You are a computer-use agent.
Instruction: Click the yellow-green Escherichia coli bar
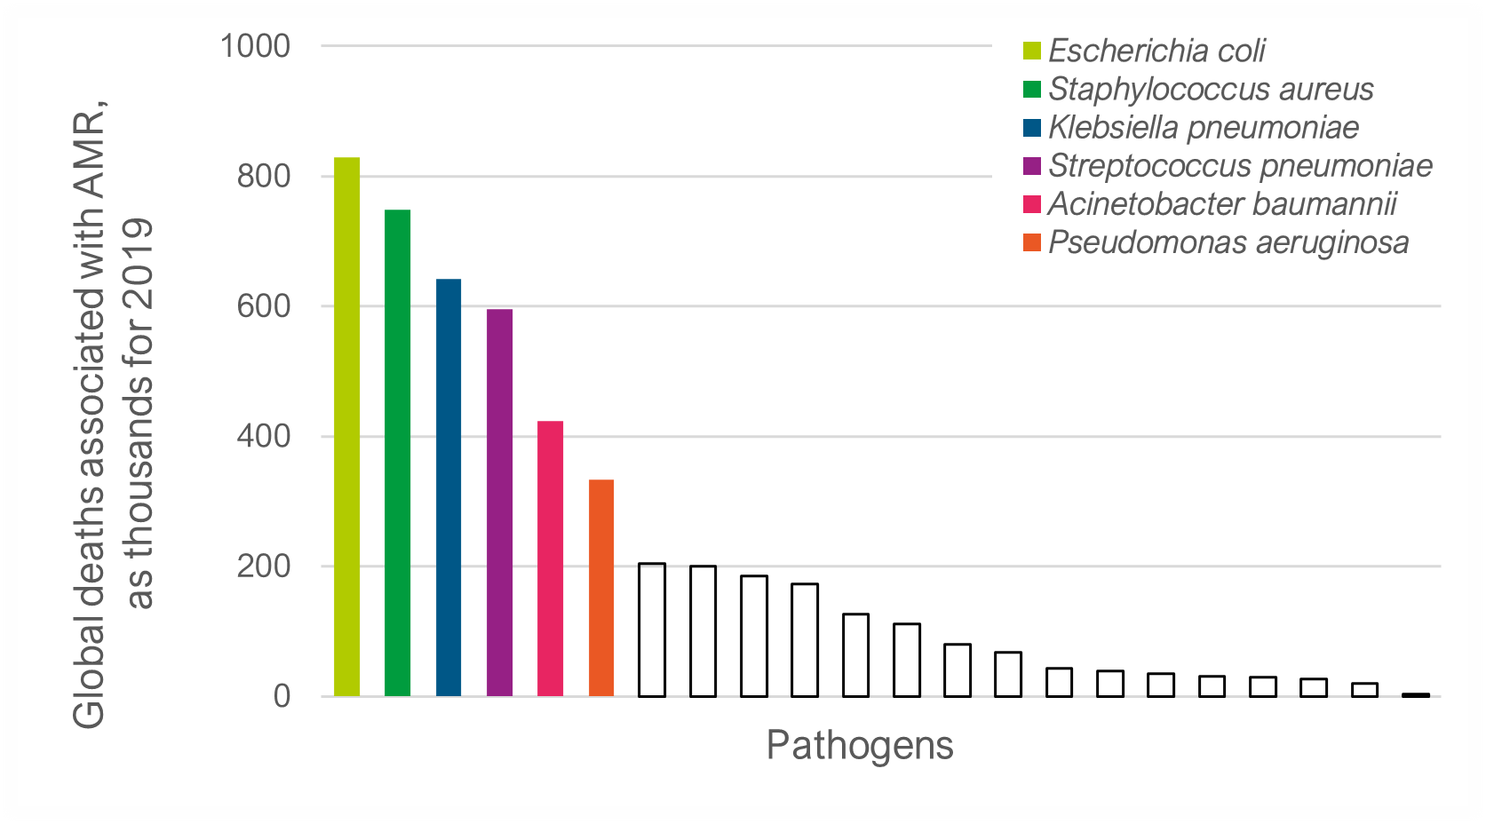[x=346, y=426]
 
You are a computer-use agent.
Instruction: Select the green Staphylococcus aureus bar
[x=397, y=453]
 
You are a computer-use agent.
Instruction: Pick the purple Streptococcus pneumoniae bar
[x=499, y=503]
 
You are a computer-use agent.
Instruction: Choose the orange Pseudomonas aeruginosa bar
[x=601, y=587]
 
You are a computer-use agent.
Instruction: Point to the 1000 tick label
[x=255, y=46]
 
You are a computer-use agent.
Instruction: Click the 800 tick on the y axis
[x=264, y=176]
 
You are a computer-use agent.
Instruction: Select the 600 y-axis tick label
[x=264, y=306]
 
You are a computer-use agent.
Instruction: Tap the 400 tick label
[x=264, y=436]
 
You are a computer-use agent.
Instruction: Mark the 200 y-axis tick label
[x=264, y=566]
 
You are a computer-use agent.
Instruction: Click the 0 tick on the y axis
[x=282, y=696]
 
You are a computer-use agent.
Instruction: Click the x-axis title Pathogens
[x=859, y=745]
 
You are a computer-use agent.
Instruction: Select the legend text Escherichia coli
[x=1156, y=51]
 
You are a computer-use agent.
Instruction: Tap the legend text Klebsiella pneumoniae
[x=1204, y=127]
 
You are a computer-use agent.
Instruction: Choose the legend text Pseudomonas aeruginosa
[x=1228, y=242]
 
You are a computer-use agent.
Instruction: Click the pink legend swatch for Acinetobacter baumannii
[x=1031, y=204]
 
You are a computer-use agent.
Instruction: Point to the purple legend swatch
[x=1031, y=166]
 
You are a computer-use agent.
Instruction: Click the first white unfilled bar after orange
[x=652, y=630]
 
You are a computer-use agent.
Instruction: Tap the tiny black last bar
[x=1416, y=694]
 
